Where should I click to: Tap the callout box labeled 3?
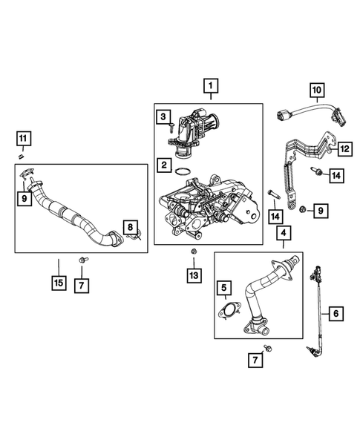[x=161, y=116]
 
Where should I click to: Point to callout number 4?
[x=283, y=235]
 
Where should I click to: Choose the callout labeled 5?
[x=223, y=287]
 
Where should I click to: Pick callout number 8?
[x=130, y=226]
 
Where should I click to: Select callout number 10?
[x=315, y=91]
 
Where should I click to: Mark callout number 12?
[x=343, y=149]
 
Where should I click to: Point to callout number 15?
[x=58, y=283]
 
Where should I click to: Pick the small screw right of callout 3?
[x=172, y=128]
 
